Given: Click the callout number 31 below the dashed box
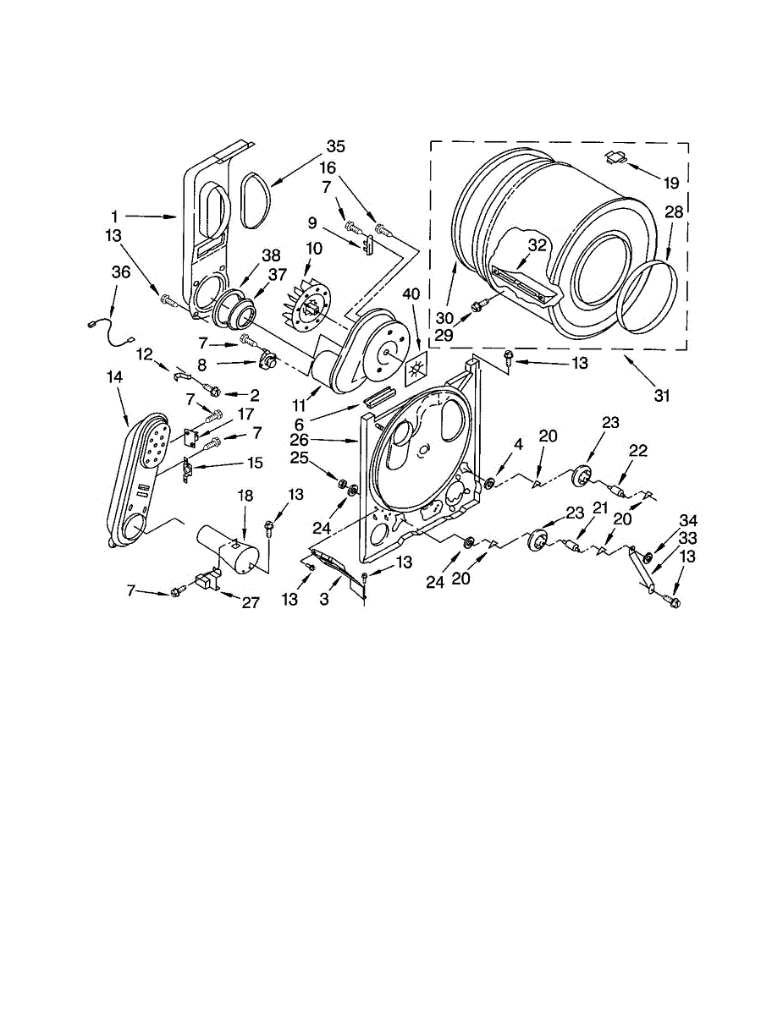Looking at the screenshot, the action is (662, 394).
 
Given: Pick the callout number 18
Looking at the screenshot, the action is (245, 496).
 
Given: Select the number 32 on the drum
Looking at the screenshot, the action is (537, 245).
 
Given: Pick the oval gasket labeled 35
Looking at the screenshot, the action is (255, 200).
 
